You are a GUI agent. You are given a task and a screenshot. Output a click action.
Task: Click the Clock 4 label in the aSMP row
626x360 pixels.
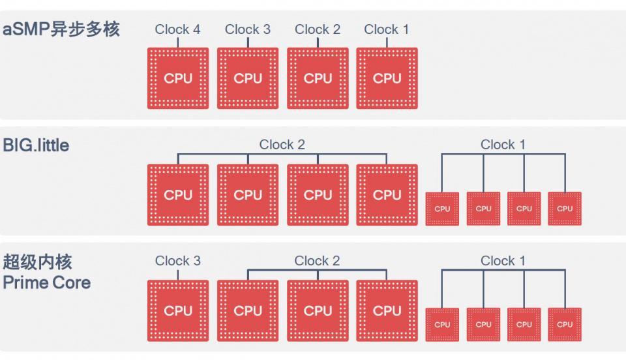pos(177,29)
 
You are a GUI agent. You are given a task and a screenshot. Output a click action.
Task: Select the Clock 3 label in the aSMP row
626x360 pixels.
pos(247,29)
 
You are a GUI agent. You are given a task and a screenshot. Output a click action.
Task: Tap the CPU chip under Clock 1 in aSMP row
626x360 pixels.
pos(387,78)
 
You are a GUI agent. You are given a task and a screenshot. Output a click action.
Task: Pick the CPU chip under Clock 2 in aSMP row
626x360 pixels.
pos(318,78)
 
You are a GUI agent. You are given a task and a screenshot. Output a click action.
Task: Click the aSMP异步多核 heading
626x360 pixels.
pos(61,29)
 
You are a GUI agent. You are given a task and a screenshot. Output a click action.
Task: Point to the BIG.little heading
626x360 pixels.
pos(36,145)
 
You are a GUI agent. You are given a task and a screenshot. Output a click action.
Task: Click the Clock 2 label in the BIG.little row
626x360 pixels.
pos(282,145)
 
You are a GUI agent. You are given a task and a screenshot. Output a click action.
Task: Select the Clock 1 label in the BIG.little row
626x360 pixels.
pos(503,145)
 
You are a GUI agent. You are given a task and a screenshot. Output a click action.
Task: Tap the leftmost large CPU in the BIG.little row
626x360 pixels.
pos(178,195)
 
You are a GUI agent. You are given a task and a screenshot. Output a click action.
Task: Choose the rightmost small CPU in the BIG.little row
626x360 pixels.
pos(565,209)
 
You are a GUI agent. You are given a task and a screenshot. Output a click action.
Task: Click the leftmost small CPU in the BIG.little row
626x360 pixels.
pos(442,209)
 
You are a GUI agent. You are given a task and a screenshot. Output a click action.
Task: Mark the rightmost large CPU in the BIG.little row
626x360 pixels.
pos(387,195)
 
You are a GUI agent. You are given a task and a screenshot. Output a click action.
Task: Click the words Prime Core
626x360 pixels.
pos(46,283)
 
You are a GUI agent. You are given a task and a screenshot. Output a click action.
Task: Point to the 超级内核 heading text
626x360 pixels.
pos(37,262)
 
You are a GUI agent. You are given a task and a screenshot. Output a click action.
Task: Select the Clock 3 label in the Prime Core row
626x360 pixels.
pos(177,261)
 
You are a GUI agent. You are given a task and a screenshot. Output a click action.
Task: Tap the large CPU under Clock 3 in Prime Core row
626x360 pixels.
pos(178,311)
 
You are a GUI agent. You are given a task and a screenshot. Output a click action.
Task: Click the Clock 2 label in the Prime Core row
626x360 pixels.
pos(317,261)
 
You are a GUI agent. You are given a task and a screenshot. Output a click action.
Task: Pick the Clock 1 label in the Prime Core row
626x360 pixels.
pos(503,261)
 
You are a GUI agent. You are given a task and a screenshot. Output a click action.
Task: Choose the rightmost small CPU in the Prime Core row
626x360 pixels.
pos(565,325)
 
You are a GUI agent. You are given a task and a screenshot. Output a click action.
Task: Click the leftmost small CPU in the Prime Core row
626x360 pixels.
pos(442,325)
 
